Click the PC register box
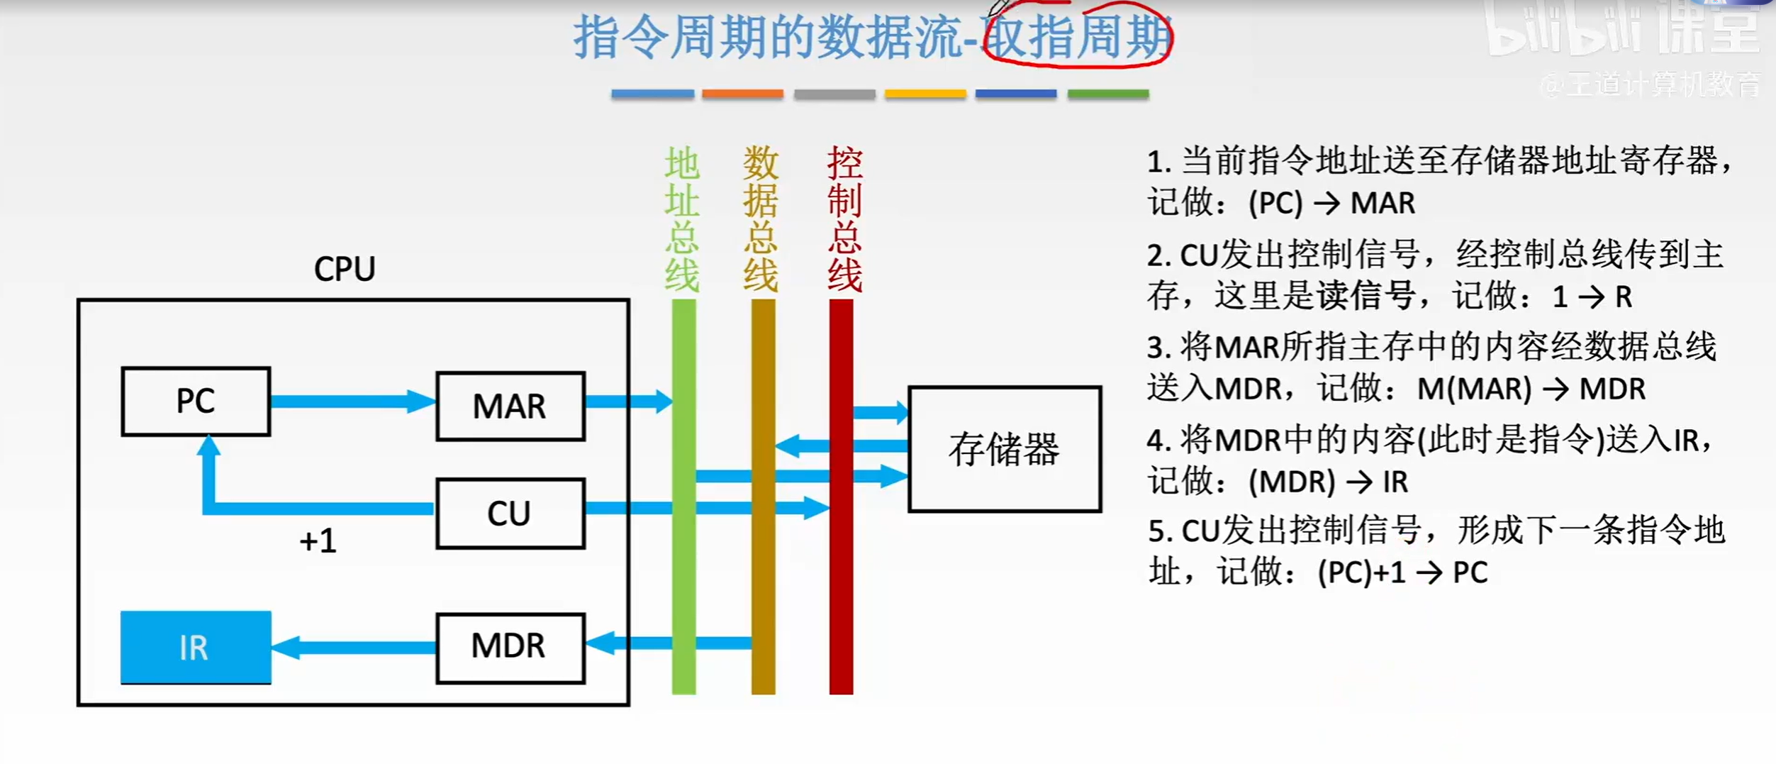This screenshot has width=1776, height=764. [196, 401]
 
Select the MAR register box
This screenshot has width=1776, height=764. [510, 406]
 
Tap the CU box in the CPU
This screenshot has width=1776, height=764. [510, 514]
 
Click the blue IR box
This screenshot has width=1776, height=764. [195, 647]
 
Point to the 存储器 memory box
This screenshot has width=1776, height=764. [1004, 449]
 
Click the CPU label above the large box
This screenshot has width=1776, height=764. [345, 270]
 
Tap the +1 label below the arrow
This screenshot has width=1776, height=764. [318, 541]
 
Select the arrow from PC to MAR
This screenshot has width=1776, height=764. [352, 402]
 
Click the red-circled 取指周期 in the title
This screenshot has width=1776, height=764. [1078, 37]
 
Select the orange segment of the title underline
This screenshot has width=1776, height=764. [742, 94]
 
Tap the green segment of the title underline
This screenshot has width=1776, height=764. [1108, 94]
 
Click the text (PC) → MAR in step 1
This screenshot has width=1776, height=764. [1331, 204]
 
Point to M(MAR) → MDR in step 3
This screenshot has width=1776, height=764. [1531, 389]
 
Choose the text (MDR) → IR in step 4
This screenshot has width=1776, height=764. [1327, 482]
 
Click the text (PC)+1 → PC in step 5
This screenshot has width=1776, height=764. [1402, 572]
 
